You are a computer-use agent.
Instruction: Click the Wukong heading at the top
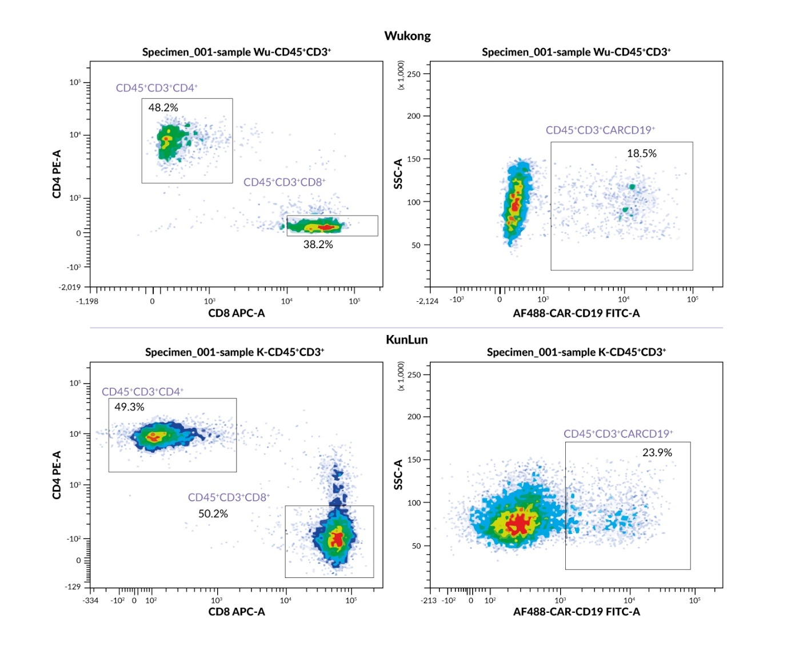point(407,35)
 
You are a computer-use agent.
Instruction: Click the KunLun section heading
point(406,339)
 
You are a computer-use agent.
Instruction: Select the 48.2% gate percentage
point(163,107)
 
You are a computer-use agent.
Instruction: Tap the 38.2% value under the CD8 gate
point(318,244)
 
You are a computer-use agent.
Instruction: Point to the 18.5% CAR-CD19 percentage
point(641,153)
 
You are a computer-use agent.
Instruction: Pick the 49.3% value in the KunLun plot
point(129,407)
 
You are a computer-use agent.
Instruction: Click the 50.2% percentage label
point(213,513)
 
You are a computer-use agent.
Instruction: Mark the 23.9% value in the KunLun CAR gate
point(657,452)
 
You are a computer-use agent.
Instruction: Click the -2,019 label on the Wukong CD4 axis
point(70,287)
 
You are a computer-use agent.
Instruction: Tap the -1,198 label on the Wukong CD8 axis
point(87,301)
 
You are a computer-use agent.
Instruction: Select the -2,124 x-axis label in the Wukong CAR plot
point(427,301)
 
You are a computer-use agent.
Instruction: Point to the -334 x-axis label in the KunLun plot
point(90,600)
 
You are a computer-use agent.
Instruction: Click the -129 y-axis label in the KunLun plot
point(73,587)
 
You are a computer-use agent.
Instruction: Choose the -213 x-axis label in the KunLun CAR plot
point(428,600)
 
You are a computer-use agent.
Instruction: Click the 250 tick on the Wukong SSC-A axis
point(414,74)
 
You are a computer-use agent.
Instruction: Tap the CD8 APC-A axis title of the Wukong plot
point(236,313)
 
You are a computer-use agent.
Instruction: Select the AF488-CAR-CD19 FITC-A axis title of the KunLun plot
point(576,612)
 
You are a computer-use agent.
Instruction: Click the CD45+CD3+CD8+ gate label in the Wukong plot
point(284,182)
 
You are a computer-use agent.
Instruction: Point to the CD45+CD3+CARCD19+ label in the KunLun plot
point(618,433)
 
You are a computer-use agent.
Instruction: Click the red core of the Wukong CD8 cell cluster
point(326,227)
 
